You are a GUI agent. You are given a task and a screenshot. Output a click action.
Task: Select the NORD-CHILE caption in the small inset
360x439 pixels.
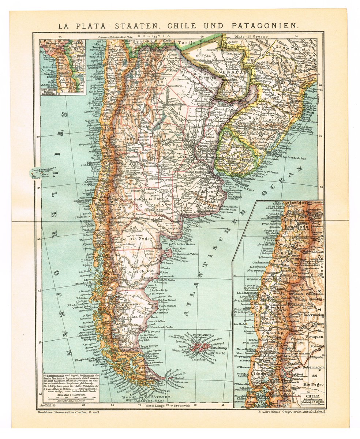click(x=51, y=87)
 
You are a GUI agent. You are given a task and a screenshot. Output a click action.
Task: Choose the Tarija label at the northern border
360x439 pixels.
click(x=185, y=43)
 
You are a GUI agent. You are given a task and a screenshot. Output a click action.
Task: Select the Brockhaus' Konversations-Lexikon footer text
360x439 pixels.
click(x=69, y=412)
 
